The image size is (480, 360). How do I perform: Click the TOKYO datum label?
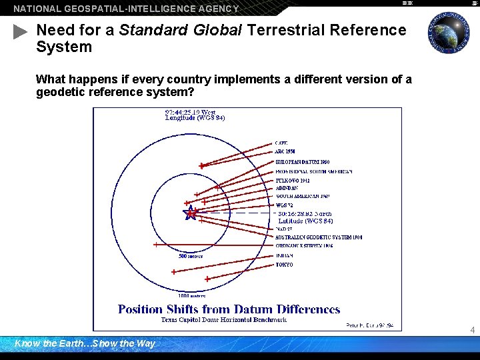coord(284,265)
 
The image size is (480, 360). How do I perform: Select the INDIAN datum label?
coord(284,255)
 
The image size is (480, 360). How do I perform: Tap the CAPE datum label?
coord(282,143)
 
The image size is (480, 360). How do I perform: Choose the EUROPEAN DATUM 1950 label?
coord(302,162)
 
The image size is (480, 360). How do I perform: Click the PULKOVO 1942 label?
coord(292,181)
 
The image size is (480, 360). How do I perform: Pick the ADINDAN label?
coord(287,188)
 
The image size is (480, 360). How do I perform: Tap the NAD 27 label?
coord(283,229)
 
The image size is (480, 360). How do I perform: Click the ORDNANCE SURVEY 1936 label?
coord(304,245)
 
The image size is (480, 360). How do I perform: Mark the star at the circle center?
coord(191,213)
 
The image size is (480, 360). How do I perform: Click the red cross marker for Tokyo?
coord(207,279)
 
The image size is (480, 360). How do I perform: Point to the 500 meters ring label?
coord(191,256)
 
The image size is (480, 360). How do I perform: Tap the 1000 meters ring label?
coord(192,295)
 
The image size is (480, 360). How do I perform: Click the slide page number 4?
coord(472,330)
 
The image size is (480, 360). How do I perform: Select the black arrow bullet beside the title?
coord(20,31)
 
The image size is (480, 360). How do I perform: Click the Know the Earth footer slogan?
coord(85,344)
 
